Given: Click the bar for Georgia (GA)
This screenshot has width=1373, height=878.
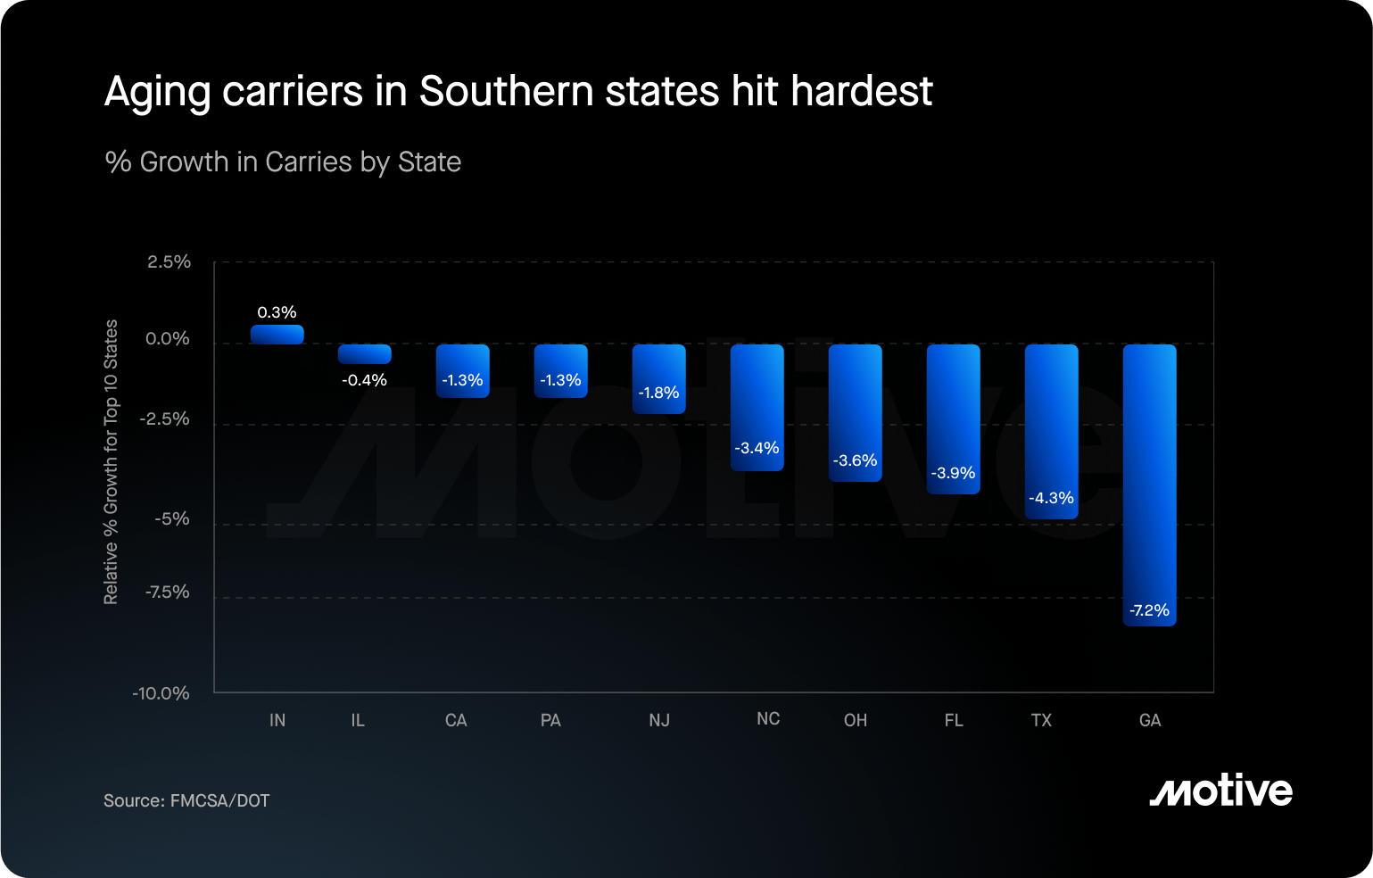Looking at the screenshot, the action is pos(1149,485).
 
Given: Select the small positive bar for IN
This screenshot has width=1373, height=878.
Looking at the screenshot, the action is pos(277,334).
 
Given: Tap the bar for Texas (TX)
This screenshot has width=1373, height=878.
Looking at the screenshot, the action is pos(1051,432).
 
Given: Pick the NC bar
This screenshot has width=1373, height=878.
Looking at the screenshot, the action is pos(757,407).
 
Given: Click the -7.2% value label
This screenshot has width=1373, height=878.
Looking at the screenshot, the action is pos(1149,610).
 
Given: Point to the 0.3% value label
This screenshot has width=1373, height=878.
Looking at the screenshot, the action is pos(277,312).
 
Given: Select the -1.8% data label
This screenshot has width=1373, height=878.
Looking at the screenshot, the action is pos(659,393).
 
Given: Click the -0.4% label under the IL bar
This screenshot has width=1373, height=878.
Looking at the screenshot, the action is pos(364,380).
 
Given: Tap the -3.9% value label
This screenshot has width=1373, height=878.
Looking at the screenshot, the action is pos(953,473).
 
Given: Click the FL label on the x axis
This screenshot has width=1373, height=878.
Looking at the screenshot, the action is pos(954,720).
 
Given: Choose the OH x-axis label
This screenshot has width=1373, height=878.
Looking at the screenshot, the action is pos(856,720).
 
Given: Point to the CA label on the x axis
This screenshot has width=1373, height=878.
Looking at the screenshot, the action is pos(456,720).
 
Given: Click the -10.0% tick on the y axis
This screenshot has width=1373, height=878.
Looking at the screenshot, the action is pos(161,693).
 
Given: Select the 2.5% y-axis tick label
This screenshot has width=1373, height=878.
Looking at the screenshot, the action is pos(169,261).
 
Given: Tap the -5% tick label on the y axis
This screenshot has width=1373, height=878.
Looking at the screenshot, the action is pos(171,519).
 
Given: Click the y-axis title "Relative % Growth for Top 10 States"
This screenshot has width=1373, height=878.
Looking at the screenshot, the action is pos(111,461).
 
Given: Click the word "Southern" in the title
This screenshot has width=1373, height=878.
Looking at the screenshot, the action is pos(507,91).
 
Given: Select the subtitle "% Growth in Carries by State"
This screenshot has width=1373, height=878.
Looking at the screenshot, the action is pos(283,162).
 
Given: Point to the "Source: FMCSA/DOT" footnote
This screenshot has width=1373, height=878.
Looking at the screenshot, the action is pos(186,800).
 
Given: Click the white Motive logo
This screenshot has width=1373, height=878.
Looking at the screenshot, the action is pos(1221,790).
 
